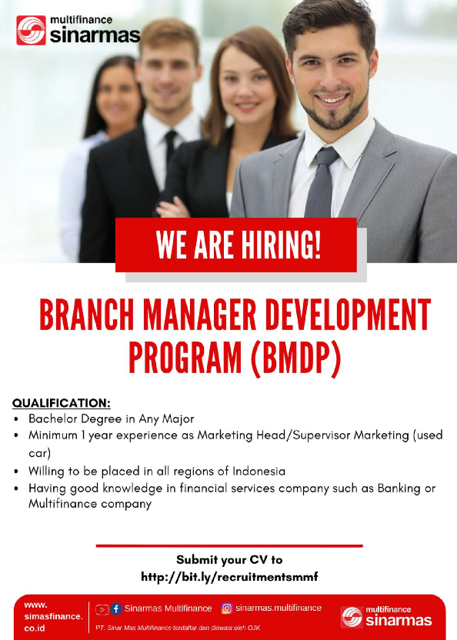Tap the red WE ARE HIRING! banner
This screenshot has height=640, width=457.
[236, 245]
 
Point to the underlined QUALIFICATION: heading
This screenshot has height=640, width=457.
[62, 402]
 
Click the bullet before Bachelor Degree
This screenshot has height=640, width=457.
[17, 419]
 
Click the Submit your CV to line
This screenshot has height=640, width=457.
[229, 560]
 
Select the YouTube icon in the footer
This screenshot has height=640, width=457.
[102, 609]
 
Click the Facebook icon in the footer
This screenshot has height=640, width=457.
[116, 609]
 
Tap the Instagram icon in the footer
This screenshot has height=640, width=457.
[227, 608]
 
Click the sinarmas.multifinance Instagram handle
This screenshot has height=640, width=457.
[279, 608]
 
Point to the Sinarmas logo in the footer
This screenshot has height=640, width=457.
[386, 616]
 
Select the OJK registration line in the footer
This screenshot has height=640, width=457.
[178, 628]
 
